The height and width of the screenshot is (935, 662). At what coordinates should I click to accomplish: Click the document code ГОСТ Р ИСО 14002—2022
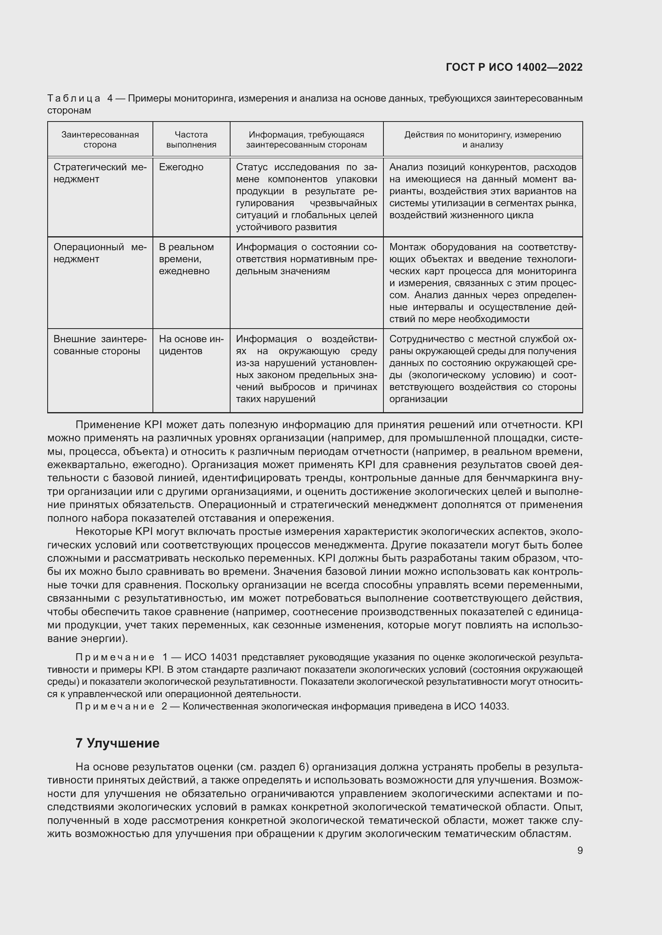(514, 67)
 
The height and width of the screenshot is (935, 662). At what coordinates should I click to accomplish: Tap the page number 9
(580, 850)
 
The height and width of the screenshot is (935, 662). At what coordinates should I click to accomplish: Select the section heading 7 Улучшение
(117, 743)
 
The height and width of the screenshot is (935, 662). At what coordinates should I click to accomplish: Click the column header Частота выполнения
(191, 139)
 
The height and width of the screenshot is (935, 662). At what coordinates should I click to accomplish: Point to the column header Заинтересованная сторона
(100, 139)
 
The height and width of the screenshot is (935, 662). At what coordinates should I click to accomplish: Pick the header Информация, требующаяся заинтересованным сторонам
(306, 139)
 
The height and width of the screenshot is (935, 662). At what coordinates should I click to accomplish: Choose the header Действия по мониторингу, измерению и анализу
(483, 139)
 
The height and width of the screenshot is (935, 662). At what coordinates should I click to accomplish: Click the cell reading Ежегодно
(181, 167)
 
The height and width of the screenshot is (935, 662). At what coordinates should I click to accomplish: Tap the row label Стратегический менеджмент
(100, 173)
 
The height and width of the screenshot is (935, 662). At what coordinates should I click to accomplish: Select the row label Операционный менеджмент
(100, 253)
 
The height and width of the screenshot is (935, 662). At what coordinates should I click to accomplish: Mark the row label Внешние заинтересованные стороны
(100, 345)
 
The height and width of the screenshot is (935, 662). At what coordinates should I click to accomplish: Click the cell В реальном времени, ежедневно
(186, 259)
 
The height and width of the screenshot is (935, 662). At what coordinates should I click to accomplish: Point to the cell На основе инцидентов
(191, 345)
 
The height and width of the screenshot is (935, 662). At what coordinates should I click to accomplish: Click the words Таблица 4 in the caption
(80, 98)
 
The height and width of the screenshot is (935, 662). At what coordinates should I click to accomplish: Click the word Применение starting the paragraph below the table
(108, 425)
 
